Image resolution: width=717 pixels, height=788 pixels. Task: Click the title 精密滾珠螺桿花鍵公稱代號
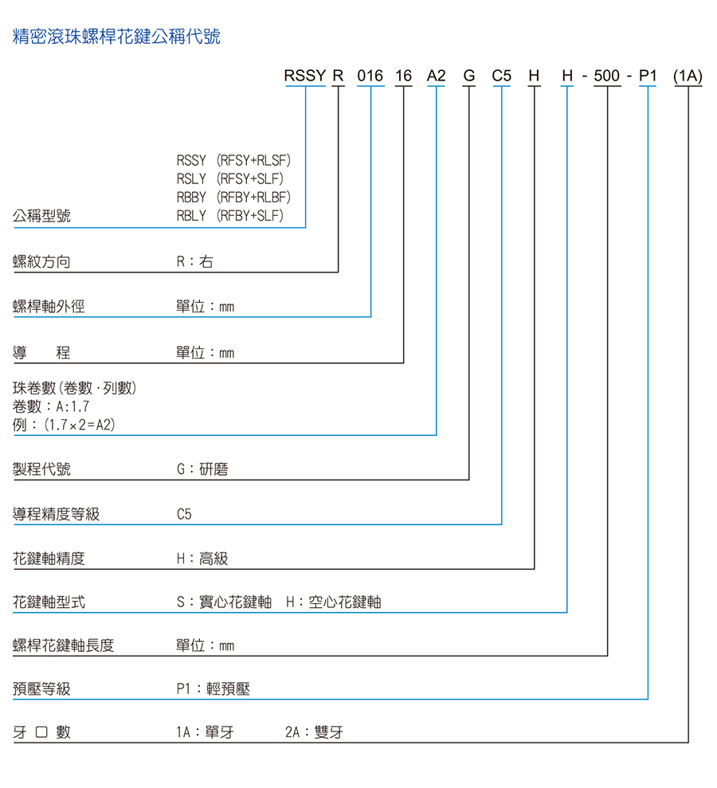click(x=116, y=37)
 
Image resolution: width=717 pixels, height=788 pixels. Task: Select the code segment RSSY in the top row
click(x=305, y=76)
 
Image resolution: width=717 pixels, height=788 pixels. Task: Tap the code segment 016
click(x=370, y=76)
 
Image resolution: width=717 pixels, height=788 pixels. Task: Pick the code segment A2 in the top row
click(x=436, y=76)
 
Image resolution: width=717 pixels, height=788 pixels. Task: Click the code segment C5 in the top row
click(x=501, y=76)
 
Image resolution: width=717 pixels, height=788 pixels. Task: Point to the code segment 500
click(x=607, y=76)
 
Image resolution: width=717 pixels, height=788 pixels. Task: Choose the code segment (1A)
click(x=688, y=76)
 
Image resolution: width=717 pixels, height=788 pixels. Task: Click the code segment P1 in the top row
click(x=648, y=76)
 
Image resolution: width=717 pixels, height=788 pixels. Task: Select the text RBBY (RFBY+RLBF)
click(x=233, y=197)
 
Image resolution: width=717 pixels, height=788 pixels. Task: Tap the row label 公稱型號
click(x=41, y=216)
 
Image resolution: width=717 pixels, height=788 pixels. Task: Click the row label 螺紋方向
click(x=41, y=262)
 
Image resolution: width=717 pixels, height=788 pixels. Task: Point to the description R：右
click(x=195, y=262)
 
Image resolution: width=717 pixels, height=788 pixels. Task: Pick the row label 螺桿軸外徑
click(x=49, y=307)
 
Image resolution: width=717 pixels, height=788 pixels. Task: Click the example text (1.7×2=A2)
click(x=80, y=425)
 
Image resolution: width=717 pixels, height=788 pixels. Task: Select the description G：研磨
click(x=202, y=469)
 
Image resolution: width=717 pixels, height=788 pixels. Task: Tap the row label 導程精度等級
click(x=57, y=514)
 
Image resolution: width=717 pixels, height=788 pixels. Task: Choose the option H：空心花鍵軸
click(x=334, y=602)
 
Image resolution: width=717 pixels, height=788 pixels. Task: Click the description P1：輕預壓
click(x=213, y=689)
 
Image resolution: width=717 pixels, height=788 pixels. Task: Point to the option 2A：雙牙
click(x=314, y=732)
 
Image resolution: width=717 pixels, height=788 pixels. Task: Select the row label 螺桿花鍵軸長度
click(x=63, y=645)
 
